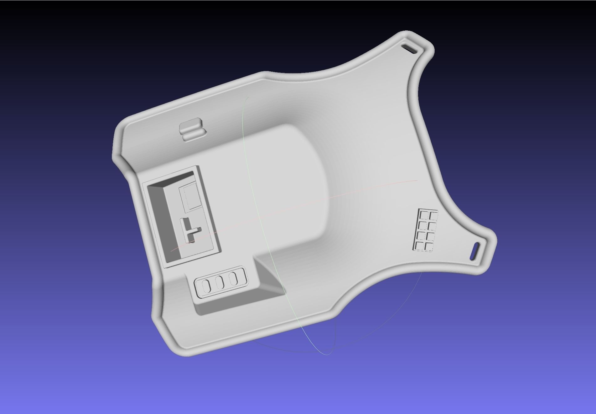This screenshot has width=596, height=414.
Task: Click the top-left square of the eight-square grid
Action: [x=424, y=215]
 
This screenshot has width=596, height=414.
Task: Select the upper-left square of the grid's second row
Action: [x=423, y=225]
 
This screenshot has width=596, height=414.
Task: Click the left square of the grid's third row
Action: [x=421, y=235]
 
